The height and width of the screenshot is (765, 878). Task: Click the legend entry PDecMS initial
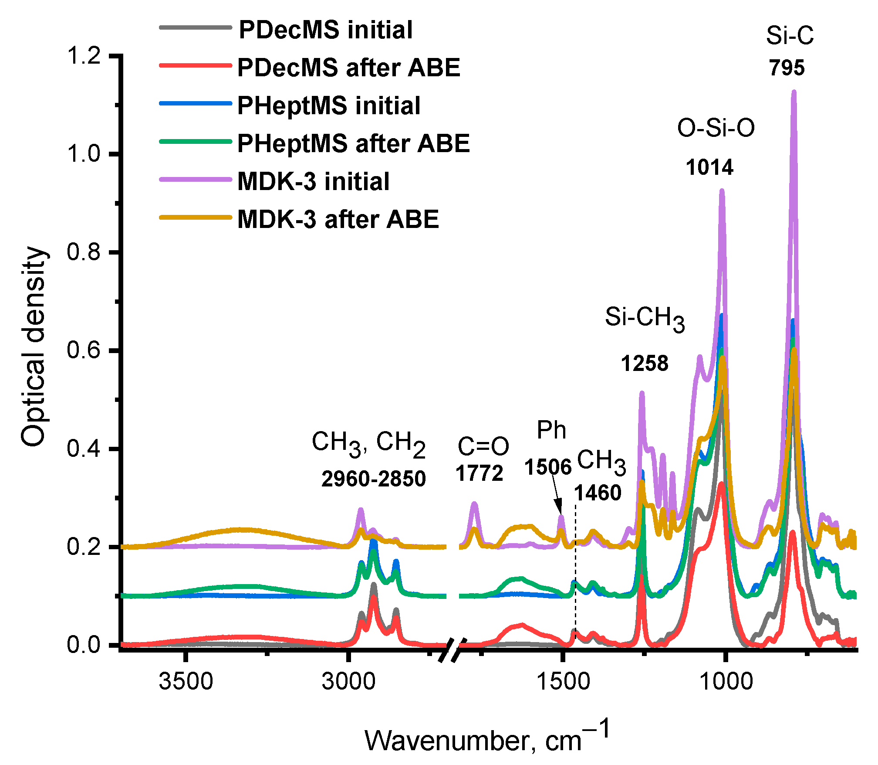325,30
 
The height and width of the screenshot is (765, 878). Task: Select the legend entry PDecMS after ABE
348,68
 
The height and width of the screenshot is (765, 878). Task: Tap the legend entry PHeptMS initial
329,105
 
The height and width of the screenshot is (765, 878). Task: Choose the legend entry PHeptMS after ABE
353,143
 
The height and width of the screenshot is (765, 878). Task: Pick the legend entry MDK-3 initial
313,181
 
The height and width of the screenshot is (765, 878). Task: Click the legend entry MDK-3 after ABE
338,219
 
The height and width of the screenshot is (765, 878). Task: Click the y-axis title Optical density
34,347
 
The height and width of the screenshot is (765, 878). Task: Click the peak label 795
787,68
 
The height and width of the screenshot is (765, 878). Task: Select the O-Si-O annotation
716,128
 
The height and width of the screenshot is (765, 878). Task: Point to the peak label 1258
644,363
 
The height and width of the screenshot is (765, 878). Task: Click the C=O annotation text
483,446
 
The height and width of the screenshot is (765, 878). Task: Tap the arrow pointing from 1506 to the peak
557,495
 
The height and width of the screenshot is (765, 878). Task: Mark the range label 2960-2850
373,479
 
